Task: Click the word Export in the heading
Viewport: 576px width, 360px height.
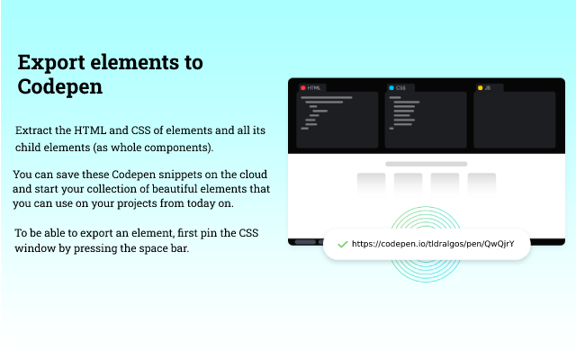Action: [x=51, y=62]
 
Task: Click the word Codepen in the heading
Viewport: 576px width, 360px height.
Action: [x=60, y=87]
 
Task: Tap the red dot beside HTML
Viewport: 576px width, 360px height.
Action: [x=303, y=88]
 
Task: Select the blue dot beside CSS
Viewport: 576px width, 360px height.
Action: [x=391, y=88]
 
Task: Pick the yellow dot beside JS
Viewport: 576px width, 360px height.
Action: [x=480, y=88]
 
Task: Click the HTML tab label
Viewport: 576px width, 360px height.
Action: [x=314, y=88]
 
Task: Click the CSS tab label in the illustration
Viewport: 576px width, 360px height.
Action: [x=400, y=88]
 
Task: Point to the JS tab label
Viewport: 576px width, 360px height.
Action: [x=488, y=88]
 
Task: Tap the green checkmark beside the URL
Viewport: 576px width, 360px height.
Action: [x=342, y=244]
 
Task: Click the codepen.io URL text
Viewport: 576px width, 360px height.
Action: [x=433, y=244]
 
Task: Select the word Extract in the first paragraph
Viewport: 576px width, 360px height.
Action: [x=33, y=130]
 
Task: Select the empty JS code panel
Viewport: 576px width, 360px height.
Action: [x=514, y=120]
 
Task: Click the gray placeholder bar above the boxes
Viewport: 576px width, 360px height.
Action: [x=426, y=164]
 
